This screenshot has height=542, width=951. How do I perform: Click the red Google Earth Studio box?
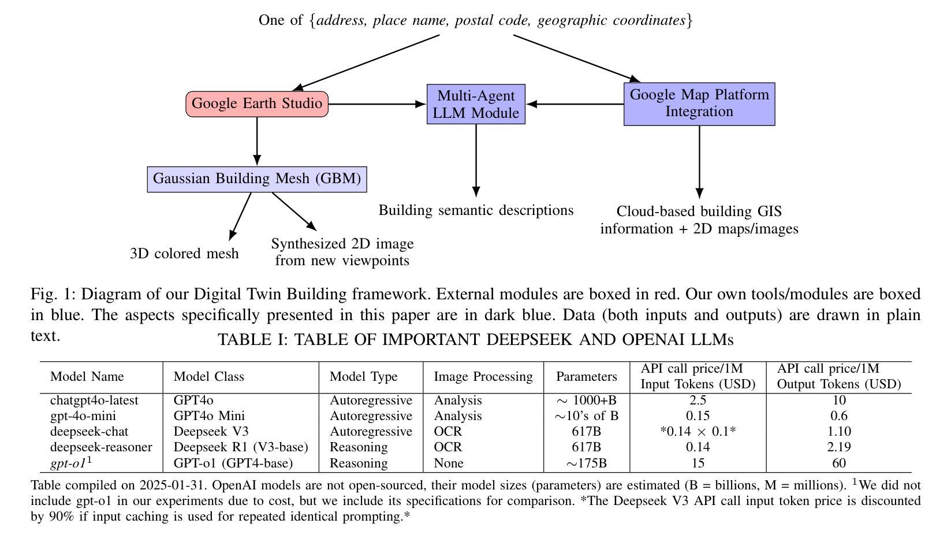257,103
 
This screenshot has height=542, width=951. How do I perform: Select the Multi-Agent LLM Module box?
476,104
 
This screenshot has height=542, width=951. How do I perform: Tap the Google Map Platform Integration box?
699,104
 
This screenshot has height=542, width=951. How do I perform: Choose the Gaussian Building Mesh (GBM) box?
257,179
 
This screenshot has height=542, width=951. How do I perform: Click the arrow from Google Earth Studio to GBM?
257,142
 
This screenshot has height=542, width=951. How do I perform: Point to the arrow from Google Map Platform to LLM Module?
575,104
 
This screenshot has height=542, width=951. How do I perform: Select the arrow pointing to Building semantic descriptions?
476,161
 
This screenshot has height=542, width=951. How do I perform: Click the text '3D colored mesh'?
184,254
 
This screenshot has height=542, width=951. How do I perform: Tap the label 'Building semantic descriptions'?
476,210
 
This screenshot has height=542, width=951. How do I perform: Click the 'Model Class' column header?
209,376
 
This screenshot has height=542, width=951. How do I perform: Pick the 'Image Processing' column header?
483,376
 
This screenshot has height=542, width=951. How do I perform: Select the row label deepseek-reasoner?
101,447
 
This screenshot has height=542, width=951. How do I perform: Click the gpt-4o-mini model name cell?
83,416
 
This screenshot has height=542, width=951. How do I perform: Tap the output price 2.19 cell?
839,447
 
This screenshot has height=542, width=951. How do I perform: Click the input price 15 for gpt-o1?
698,463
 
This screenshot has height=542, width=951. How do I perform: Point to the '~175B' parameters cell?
586,463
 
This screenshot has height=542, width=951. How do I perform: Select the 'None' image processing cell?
448,463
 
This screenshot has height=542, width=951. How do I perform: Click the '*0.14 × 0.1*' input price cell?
698,431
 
